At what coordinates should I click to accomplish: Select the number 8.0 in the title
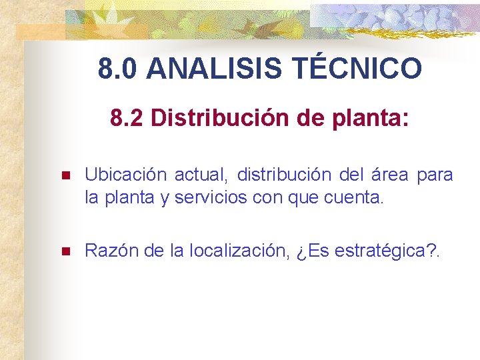(x=119, y=69)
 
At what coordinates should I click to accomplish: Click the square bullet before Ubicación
(x=65, y=177)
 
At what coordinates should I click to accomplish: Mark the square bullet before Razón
(x=65, y=252)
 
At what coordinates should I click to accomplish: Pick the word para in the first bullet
(x=435, y=176)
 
